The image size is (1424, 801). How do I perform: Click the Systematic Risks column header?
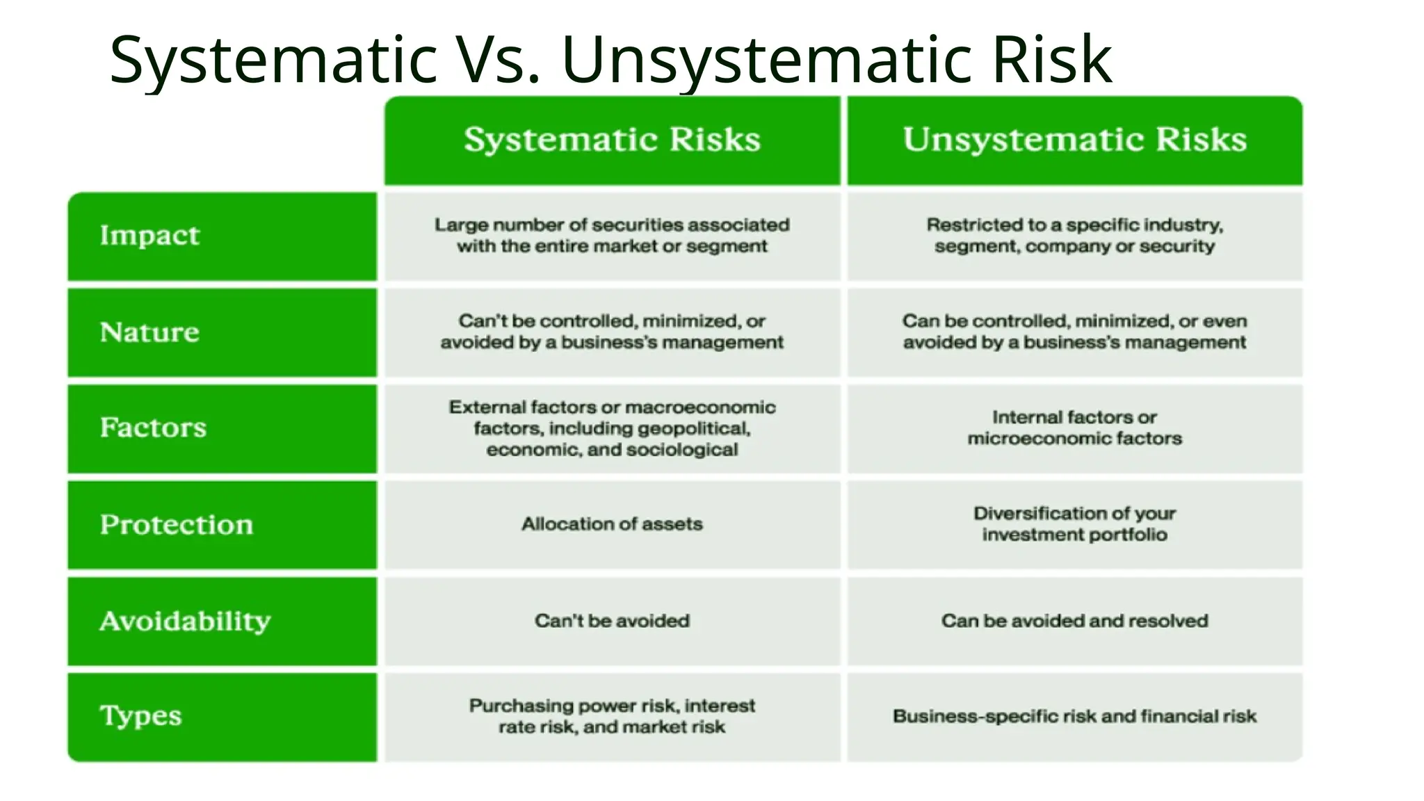(x=612, y=140)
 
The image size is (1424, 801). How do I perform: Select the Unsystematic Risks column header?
(x=1074, y=140)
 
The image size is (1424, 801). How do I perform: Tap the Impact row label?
(x=149, y=236)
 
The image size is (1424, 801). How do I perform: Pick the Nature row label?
(x=149, y=332)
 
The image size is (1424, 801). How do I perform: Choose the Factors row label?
(x=153, y=428)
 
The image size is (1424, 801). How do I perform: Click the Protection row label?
(x=176, y=524)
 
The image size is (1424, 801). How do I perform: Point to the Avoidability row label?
(x=185, y=621)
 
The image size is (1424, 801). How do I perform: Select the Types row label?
(x=140, y=716)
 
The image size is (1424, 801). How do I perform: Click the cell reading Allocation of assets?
(x=612, y=524)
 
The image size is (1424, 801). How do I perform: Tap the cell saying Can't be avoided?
(x=612, y=621)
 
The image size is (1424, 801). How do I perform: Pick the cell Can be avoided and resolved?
(x=1074, y=621)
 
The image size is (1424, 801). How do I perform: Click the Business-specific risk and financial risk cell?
(x=1074, y=716)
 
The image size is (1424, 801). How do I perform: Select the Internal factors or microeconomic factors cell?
(x=1074, y=428)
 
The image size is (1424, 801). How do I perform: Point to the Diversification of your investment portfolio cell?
(x=1074, y=524)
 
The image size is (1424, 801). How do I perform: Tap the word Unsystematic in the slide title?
(x=768, y=60)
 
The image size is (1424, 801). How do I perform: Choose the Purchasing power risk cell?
(x=612, y=716)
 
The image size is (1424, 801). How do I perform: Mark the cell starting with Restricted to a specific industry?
(x=1074, y=236)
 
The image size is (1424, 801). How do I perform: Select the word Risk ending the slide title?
(x=1051, y=60)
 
